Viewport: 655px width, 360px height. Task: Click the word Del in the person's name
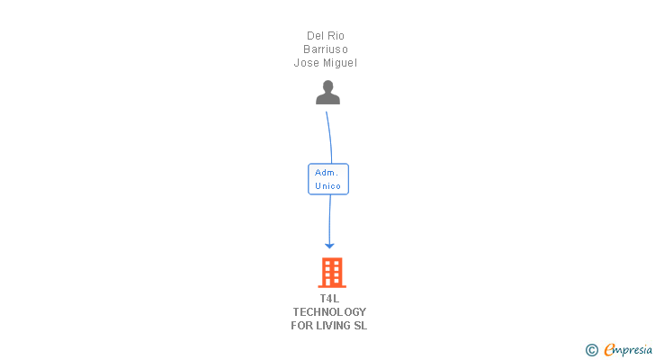pyautogui.click(x=315, y=36)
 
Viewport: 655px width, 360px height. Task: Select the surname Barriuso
pyautogui.click(x=326, y=49)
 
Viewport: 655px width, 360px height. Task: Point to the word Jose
pyautogui.click(x=306, y=63)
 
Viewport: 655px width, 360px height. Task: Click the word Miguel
pyautogui.click(x=340, y=63)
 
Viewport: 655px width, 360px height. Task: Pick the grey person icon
pyautogui.click(x=327, y=92)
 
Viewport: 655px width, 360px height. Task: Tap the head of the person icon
pyautogui.click(x=327, y=86)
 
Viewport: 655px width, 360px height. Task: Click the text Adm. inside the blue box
pyautogui.click(x=327, y=172)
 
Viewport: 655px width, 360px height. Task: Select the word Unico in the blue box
pyautogui.click(x=327, y=186)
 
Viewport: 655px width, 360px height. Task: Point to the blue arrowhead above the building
pyautogui.click(x=329, y=245)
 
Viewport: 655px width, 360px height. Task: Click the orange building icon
pyautogui.click(x=331, y=272)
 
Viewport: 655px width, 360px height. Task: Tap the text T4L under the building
pyautogui.click(x=329, y=299)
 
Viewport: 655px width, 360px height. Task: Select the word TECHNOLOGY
pyautogui.click(x=329, y=312)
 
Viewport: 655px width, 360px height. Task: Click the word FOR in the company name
pyautogui.click(x=301, y=326)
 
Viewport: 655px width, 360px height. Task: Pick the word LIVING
pyautogui.click(x=332, y=326)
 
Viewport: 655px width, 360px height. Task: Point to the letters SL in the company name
pyautogui.click(x=361, y=326)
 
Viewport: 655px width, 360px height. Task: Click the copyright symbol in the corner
pyautogui.click(x=591, y=349)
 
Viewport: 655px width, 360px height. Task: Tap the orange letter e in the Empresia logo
pyautogui.click(x=610, y=349)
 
